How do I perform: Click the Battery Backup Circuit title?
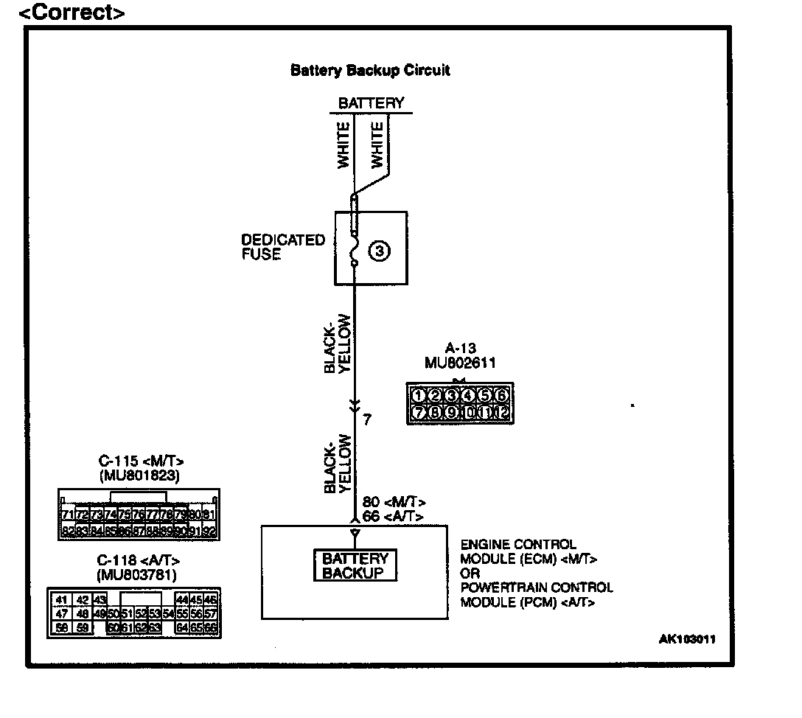(x=370, y=71)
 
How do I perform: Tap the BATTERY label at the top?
(x=371, y=103)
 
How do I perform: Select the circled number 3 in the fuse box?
(x=379, y=251)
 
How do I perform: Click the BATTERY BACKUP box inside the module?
(x=355, y=565)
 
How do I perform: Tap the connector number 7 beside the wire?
(x=366, y=419)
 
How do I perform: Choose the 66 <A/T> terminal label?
(x=390, y=516)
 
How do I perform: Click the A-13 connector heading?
(x=460, y=349)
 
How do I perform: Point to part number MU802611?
(x=460, y=362)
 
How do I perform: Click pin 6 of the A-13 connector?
(x=501, y=395)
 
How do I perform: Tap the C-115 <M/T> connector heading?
(x=139, y=462)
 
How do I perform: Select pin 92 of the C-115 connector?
(x=210, y=530)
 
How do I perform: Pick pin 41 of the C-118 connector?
(x=62, y=600)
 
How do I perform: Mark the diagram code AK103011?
(x=687, y=639)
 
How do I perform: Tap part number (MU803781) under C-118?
(x=139, y=574)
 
